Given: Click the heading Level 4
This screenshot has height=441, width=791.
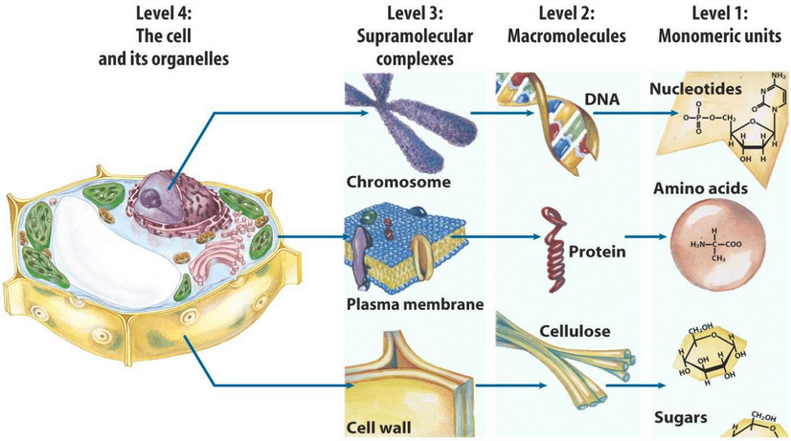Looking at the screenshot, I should (164, 13).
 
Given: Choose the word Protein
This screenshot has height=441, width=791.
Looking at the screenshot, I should (597, 253).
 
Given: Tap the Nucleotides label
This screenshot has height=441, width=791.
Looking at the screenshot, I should (696, 89).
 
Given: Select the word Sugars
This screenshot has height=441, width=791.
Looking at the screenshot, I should (680, 417).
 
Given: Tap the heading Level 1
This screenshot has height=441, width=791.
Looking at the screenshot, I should (719, 13).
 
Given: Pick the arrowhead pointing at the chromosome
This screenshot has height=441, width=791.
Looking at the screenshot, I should (364, 113).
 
